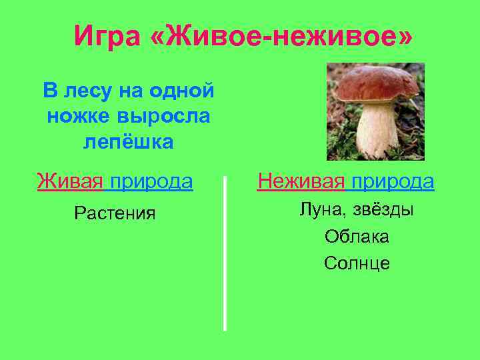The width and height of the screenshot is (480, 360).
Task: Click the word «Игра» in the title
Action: [x=107, y=36]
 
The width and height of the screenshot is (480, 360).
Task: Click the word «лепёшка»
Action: [x=129, y=141]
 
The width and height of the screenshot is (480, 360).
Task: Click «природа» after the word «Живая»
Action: [x=152, y=181]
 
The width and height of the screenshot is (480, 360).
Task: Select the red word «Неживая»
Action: [x=301, y=181]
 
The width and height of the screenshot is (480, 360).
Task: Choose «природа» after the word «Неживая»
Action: [x=393, y=181]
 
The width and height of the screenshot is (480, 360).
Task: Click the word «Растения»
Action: [x=115, y=213]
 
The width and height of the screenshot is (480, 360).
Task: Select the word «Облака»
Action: [x=357, y=237]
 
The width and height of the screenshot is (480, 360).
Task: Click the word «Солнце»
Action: [x=357, y=263]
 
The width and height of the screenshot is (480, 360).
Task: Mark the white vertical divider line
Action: [x=225, y=253]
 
